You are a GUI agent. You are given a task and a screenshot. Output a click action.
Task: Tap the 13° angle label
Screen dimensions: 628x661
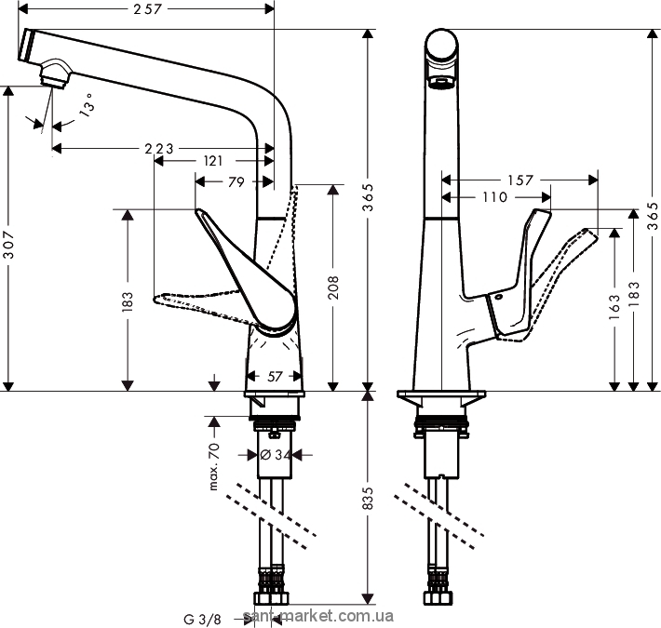(x=86, y=106)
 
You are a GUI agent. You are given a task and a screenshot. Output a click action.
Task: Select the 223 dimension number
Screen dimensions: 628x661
(x=163, y=149)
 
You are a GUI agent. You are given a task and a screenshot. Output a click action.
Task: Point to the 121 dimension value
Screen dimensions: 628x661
(x=212, y=161)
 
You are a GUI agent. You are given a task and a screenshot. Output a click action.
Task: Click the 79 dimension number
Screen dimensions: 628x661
(x=236, y=182)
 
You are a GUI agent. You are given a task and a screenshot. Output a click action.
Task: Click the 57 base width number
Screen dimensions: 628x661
(x=275, y=377)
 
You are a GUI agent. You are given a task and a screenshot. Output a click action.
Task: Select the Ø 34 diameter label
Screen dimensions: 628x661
(x=275, y=454)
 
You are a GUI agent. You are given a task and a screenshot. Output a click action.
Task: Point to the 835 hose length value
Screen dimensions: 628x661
(x=369, y=499)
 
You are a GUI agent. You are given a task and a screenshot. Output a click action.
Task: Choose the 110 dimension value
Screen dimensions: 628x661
(x=495, y=196)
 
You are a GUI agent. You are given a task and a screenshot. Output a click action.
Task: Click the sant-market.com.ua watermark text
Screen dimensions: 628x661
(x=317, y=617)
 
